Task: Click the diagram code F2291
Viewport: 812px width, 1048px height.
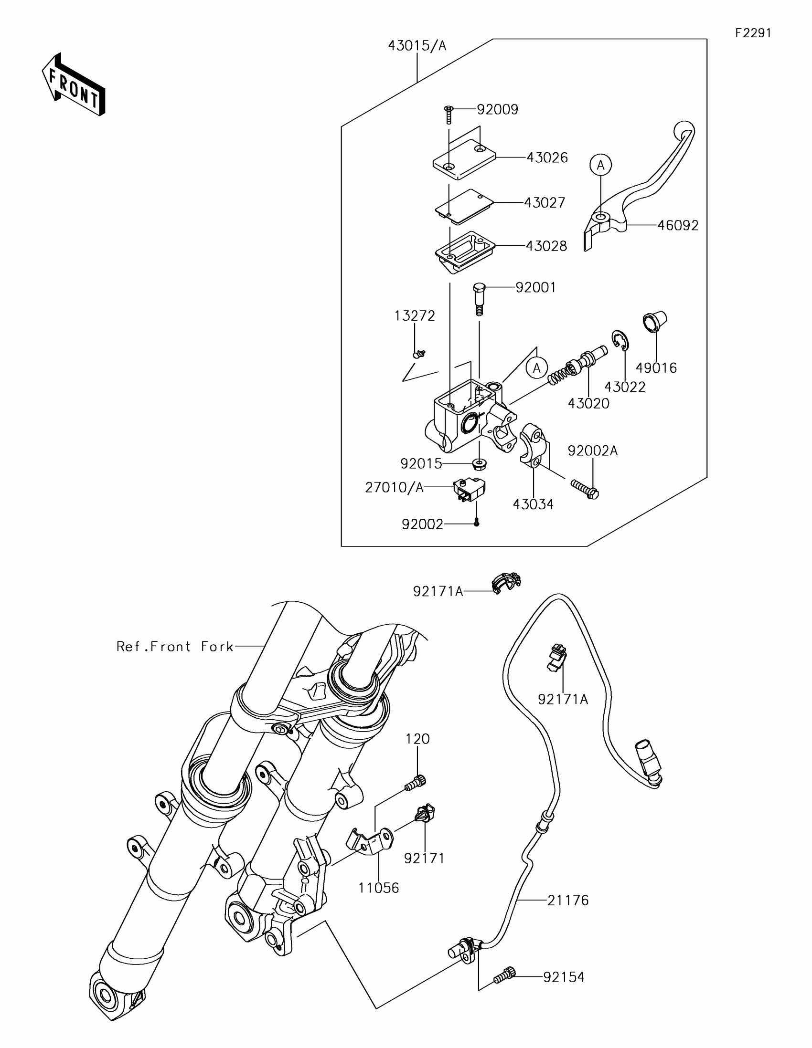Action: tap(753, 33)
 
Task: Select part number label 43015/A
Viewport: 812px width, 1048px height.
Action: tap(417, 46)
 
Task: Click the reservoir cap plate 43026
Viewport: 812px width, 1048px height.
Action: tap(463, 160)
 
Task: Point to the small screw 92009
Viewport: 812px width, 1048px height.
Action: tap(449, 115)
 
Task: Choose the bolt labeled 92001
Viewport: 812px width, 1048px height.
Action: tap(479, 298)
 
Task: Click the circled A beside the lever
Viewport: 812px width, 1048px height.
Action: tap(600, 165)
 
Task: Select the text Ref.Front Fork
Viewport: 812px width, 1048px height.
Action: tap(175, 647)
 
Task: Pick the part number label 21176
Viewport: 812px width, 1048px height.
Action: tap(568, 901)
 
